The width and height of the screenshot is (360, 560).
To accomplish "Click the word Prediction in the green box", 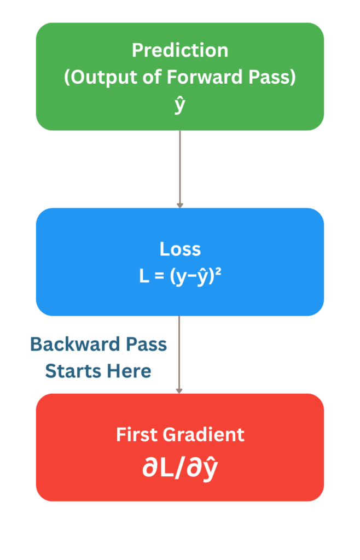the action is [x=180, y=50].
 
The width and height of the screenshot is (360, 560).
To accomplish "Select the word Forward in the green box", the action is [x=205, y=77].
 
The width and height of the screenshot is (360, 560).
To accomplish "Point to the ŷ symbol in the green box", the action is [x=180, y=104].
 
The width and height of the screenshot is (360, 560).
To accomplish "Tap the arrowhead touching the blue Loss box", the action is [x=180, y=206].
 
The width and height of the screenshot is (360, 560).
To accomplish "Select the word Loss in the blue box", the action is [x=180, y=249].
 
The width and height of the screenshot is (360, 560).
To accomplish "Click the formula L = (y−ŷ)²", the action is [x=180, y=276].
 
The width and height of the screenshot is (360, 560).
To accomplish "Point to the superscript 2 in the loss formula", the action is [x=218, y=272].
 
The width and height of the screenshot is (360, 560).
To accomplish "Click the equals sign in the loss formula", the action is [x=159, y=276].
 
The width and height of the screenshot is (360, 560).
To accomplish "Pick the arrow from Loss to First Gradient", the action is [x=179, y=354].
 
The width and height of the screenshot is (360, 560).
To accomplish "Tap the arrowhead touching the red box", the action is [x=179, y=391].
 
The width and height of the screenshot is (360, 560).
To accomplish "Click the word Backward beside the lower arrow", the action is [x=75, y=345].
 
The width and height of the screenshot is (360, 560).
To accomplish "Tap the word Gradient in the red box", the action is [x=204, y=435].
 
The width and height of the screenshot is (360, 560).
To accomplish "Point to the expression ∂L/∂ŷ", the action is [x=180, y=468].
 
